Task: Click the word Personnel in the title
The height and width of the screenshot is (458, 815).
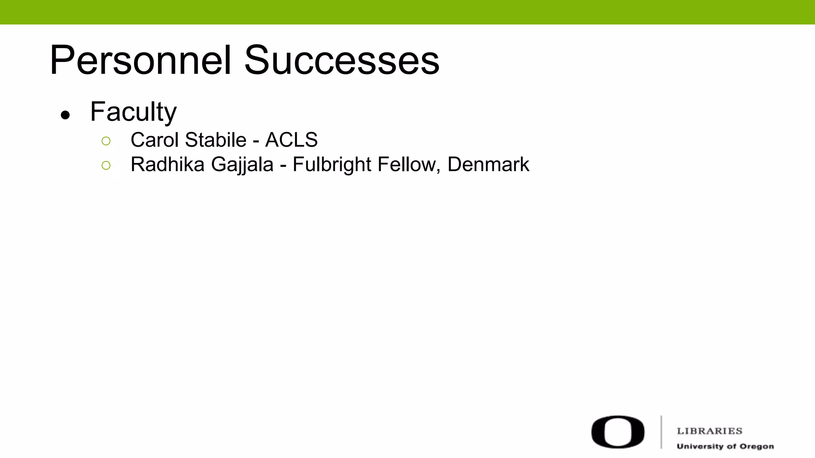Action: tap(140, 60)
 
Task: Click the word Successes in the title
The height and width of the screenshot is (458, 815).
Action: tap(341, 60)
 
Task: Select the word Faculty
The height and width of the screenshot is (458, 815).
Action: tap(133, 112)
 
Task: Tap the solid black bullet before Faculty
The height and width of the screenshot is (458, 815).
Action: tap(65, 115)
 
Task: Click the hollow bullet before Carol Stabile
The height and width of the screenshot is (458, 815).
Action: tap(106, 141)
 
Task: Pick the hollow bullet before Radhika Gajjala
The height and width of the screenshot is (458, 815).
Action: tap(106, 165)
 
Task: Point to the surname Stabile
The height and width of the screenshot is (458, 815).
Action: tap(216, 140)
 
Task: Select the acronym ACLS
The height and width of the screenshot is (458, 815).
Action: tap(291, 140)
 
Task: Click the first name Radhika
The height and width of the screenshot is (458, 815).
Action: tap(167, 165)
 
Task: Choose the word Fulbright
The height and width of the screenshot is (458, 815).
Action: tap(332, 165)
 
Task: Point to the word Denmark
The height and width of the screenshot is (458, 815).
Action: tap(488, 165)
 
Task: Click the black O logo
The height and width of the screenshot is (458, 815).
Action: tap(618, 432)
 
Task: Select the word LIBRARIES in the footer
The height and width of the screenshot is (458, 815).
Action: tap(710, 431)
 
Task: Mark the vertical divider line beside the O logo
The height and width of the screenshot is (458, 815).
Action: tap(661, 432)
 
